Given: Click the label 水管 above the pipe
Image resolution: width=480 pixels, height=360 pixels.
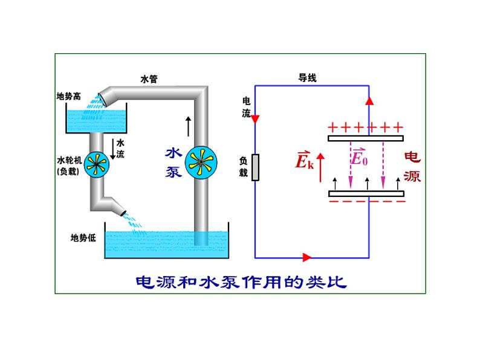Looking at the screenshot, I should point(149,79).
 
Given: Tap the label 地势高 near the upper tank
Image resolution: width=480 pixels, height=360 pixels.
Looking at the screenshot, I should point(68,96).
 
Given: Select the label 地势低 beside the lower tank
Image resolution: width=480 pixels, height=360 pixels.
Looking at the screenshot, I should point(83,237).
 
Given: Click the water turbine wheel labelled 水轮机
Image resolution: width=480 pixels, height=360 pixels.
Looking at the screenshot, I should point(96,163).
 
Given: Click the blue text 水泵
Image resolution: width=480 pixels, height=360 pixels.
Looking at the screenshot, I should point(174,162).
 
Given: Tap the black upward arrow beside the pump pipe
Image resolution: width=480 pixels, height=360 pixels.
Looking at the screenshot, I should point(188,125).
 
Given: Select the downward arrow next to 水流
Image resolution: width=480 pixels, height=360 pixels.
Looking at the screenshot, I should point(112,148).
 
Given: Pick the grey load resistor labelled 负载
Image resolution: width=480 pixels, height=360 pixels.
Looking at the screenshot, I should point(256,167).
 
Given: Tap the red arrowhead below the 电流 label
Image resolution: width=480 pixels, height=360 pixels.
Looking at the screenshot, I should point(255,118).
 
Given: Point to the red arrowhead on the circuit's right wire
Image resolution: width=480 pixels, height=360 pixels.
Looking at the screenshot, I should point(369,100).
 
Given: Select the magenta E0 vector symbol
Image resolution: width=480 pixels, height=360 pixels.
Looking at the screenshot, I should point(359,158).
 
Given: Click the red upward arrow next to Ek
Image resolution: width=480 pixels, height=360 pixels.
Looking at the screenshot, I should point(321,161).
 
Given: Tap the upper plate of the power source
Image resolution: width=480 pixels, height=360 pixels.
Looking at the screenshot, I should point(365,138).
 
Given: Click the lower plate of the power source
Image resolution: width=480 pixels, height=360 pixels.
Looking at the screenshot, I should point(365,193).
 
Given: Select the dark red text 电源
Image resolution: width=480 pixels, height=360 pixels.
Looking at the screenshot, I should point(412,167).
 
